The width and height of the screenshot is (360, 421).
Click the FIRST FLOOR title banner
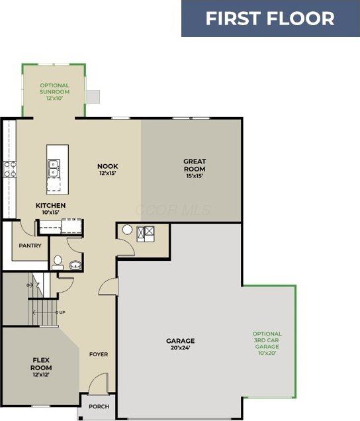pyautogui.click(x=271, y=19)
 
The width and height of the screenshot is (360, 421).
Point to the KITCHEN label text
pyautogui.click(x=50, y=205)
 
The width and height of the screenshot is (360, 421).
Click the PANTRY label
pyautogui.click(x=30, y=246)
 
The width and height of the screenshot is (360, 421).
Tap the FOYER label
pyautogui.click(x=99, y=354)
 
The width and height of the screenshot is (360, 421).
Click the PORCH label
pyautogui.click(x=99, y=407)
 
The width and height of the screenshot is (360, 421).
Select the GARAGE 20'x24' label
pyautogui.click(x=181, y=344)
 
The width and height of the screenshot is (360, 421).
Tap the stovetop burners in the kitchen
pyautogui.click(x=10, y=169)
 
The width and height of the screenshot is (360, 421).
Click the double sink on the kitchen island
pyautogui.click(x=54, y=168)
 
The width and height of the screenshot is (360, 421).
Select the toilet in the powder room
pyautogui.click(x=58, y=263)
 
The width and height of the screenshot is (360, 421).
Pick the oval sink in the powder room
pyautogui.click(x=75, y=265)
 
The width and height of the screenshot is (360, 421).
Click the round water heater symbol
pyautogui.click(x=127, y=230)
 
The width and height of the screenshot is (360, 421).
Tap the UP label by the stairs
pyautogui.click(x=62, y=312)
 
